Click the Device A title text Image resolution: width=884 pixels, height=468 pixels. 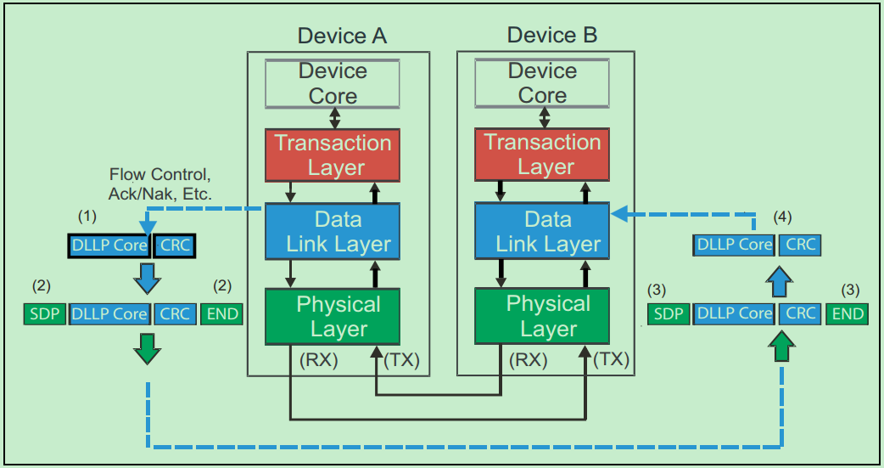tap(342, 36)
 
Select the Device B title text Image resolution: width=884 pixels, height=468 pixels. tap(551, 35)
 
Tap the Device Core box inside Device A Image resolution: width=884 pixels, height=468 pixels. tap(333, 83)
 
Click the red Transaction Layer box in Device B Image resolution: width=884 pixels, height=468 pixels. tap(542, 155)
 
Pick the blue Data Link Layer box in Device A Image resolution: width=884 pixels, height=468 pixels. tap(333, 231)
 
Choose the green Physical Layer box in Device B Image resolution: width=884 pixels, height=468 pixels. tap(542, 316)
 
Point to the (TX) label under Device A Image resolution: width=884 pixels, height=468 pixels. tap(402, 359)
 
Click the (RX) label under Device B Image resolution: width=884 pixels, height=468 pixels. tap(528, 359)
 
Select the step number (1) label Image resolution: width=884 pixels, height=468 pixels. tap(88, 217)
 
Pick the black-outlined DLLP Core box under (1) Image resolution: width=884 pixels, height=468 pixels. tap(109, 246)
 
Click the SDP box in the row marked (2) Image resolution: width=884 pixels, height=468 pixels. tap(43, 314)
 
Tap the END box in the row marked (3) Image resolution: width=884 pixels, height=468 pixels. tap(848, 314)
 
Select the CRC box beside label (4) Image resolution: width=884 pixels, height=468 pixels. tap(800, 245)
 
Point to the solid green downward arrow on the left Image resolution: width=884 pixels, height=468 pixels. tap(148, 347)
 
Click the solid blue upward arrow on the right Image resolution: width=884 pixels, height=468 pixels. tap(781, 279)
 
